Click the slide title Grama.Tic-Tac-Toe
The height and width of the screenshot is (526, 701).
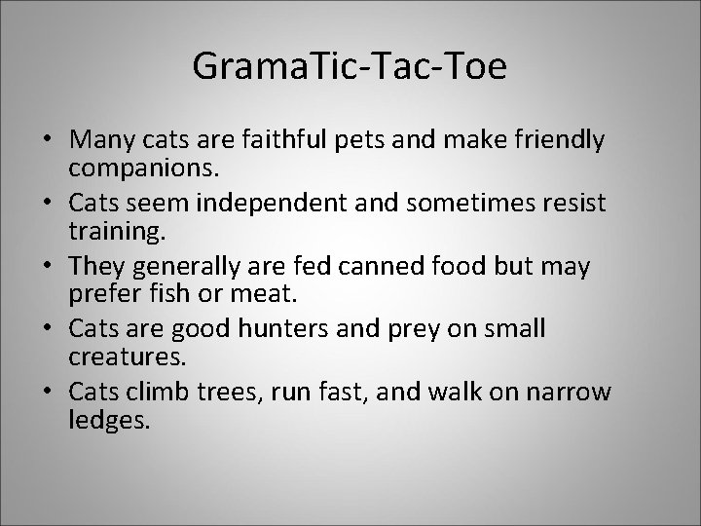point(350,65)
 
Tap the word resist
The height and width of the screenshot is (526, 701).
point(570,204)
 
